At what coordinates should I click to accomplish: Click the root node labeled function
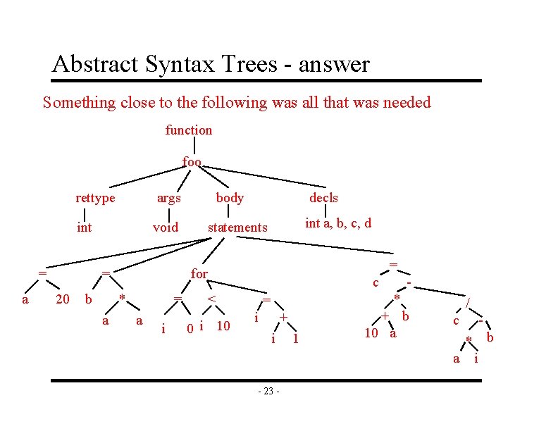click(188, 130)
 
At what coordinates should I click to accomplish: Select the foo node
click(192, 162)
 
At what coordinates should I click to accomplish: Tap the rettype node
click(95, 198)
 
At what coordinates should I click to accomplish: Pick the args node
click(168, 198)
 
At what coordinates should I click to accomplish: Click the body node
click(230, 198)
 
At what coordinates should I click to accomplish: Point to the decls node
click(323, 198)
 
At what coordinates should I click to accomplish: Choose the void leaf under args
click(166, 227)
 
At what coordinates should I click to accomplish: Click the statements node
click(237, 227)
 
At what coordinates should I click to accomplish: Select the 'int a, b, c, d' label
click(338, 224)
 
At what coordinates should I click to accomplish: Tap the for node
click(199, 273)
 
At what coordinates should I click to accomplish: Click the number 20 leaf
click(63, 299)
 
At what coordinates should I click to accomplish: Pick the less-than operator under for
click(210, 299)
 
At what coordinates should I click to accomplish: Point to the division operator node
click(468, 303)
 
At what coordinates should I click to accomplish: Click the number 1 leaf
click(296, 339)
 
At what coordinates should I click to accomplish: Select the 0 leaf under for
click(190, 328)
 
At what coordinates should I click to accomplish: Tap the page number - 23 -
click(268, 392)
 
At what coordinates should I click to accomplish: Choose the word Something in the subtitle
click(78, 103)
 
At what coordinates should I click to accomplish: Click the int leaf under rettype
click(84, 227)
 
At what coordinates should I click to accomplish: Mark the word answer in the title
click(334, 65)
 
